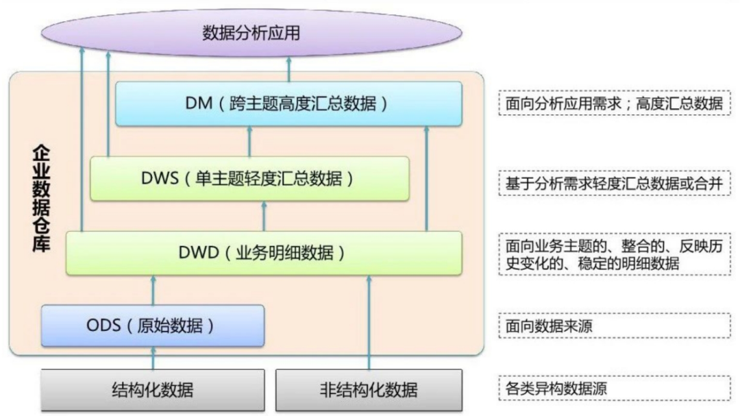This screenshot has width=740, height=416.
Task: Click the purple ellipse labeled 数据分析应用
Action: (x=251, y=32)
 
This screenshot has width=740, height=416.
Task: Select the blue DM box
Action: (x=288, y=103)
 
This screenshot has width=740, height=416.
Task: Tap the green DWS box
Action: (x=249, y=178)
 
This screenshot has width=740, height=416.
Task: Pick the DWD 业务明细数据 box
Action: (x=264, y=253)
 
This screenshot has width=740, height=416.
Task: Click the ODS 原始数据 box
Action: (x=152, y=325)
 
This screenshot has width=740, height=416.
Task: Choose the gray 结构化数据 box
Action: (x=152, y=390)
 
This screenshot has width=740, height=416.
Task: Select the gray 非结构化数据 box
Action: (x=369, y=390)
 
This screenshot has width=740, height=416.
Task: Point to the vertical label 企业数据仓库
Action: (x=41, y=198)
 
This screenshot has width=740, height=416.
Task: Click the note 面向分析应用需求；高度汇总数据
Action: (x=613, y=103)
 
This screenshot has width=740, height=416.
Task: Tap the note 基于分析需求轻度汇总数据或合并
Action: (x=613, y=183)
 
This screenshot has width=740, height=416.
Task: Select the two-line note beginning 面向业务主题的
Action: (x=613, y=254)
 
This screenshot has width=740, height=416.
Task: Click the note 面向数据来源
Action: (x=613, y=326)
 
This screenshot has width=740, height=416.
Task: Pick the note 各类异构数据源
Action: (x=613, y=389)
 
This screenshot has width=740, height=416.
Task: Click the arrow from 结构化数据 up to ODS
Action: (x=153, y=358)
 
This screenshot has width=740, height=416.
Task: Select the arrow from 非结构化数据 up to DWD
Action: (x=369, y=322)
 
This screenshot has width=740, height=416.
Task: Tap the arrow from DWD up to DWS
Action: (x=264, y=216)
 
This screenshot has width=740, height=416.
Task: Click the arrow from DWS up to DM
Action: (x=249, y=141)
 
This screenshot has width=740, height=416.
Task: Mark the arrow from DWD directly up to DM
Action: (x=426, y=178)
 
